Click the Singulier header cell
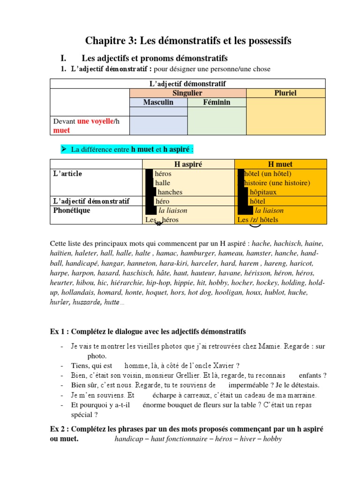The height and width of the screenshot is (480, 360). (187, 93)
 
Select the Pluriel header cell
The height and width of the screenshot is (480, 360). (285, 93)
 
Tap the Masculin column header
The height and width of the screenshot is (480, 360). (158, 102)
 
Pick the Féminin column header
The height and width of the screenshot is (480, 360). (216, 102)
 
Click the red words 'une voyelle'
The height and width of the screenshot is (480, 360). (96, 121)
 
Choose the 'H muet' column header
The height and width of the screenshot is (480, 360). (280, 164)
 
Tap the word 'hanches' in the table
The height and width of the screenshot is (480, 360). (170, 192)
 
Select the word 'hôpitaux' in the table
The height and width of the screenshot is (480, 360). (263, 192)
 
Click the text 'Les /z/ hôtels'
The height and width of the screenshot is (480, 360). (258, 219)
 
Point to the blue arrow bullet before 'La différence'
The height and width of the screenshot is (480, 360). (65, 149)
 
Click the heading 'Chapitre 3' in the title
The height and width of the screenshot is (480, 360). (109, 41)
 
